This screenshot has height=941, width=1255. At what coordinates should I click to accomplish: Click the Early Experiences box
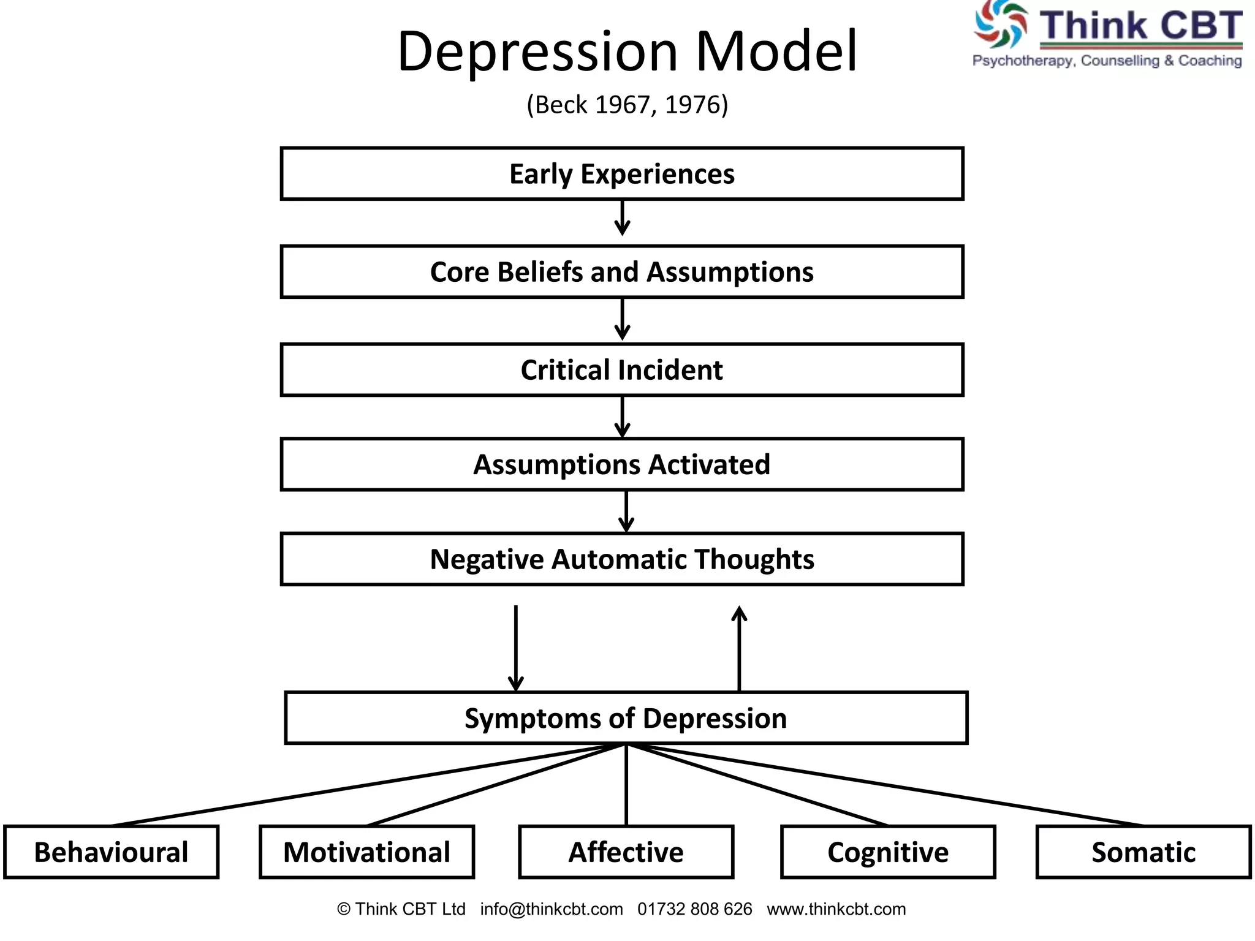tap(621, 174)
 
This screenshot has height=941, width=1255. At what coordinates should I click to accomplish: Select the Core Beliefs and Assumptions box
tap(621, 272)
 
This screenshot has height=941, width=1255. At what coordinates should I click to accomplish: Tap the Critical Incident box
tap(621, 370)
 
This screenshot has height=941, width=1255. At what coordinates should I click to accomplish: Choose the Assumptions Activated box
tap(621, 464)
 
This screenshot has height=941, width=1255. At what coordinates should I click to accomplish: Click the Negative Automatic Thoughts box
tap(621, 559)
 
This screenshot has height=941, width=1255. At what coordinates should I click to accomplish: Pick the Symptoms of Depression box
tap(625, 718)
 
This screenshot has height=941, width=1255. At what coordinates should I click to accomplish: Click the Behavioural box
tap(111, 852)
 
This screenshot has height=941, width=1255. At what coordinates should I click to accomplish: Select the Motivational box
tap(366, 852)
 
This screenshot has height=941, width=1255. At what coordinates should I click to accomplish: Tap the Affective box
tap(626, 852)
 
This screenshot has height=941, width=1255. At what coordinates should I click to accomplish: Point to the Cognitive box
tap(888, 852)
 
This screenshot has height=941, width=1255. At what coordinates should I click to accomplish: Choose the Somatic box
tap(1143, 852)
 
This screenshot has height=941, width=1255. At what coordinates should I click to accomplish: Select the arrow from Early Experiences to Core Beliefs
tap(622, 219)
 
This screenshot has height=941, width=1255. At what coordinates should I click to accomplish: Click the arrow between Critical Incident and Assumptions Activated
tap(622, 417)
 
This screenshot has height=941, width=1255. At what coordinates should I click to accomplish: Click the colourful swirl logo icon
tap(1001, 25)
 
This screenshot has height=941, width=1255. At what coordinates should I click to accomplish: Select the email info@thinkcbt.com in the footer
tap(552, 909)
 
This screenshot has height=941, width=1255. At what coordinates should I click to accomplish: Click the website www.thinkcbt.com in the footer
tap(836, 909)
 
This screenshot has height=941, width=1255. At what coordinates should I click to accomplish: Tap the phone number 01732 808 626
tap(694, 909)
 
